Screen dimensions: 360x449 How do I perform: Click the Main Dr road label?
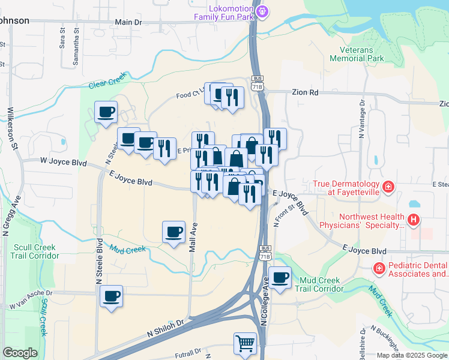(x=128, y=22)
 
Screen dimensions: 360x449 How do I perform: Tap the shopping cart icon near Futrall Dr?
(x=245, y=344)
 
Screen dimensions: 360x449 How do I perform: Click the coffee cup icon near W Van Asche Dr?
(x=111, y=296)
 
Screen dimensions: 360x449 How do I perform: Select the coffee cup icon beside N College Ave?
(x=280, y=278)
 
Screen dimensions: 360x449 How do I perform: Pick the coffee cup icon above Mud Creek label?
(x=174, y=232)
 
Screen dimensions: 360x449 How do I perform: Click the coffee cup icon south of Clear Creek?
(x=106, y=112)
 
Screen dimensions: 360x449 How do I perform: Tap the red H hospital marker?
(x=413, y=221)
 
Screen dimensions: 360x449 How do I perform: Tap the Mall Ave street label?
(x=193, y=238)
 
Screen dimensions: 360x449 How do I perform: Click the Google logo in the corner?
(x=20, y=353)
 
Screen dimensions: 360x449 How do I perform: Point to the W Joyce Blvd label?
(x=63, y=161)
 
